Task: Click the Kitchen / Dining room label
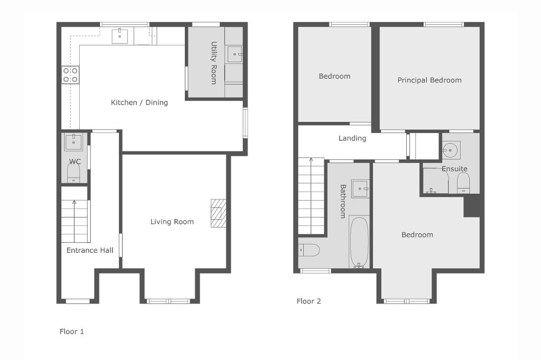click(x=139, y=102)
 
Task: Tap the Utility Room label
click(x=214, y=63)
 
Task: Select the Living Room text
click(x=172, y=222)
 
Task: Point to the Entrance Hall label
click(x=90, y=250)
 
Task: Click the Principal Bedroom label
click(x=430, y=80)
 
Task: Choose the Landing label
click(x=352, y=138)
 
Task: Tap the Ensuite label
click(x=455, y=168)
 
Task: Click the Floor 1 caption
click(x=72, y=331)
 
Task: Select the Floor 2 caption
click(x=309, y=301)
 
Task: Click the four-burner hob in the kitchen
click(x=71, y=75)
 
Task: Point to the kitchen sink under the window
click(x=120, y=36)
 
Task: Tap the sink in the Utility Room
click(x=235, y=54)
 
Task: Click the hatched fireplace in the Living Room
click(x=218, y=213)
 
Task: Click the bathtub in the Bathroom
click(x=359, y=242)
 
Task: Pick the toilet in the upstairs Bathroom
click(x=309, y=250)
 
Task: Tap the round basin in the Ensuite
click(x=450, y=150)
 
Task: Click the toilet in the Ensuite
click(x=463, y=183)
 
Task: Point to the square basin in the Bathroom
click(x=360, y=188)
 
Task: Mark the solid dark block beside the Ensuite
click(x=472, y=205)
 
